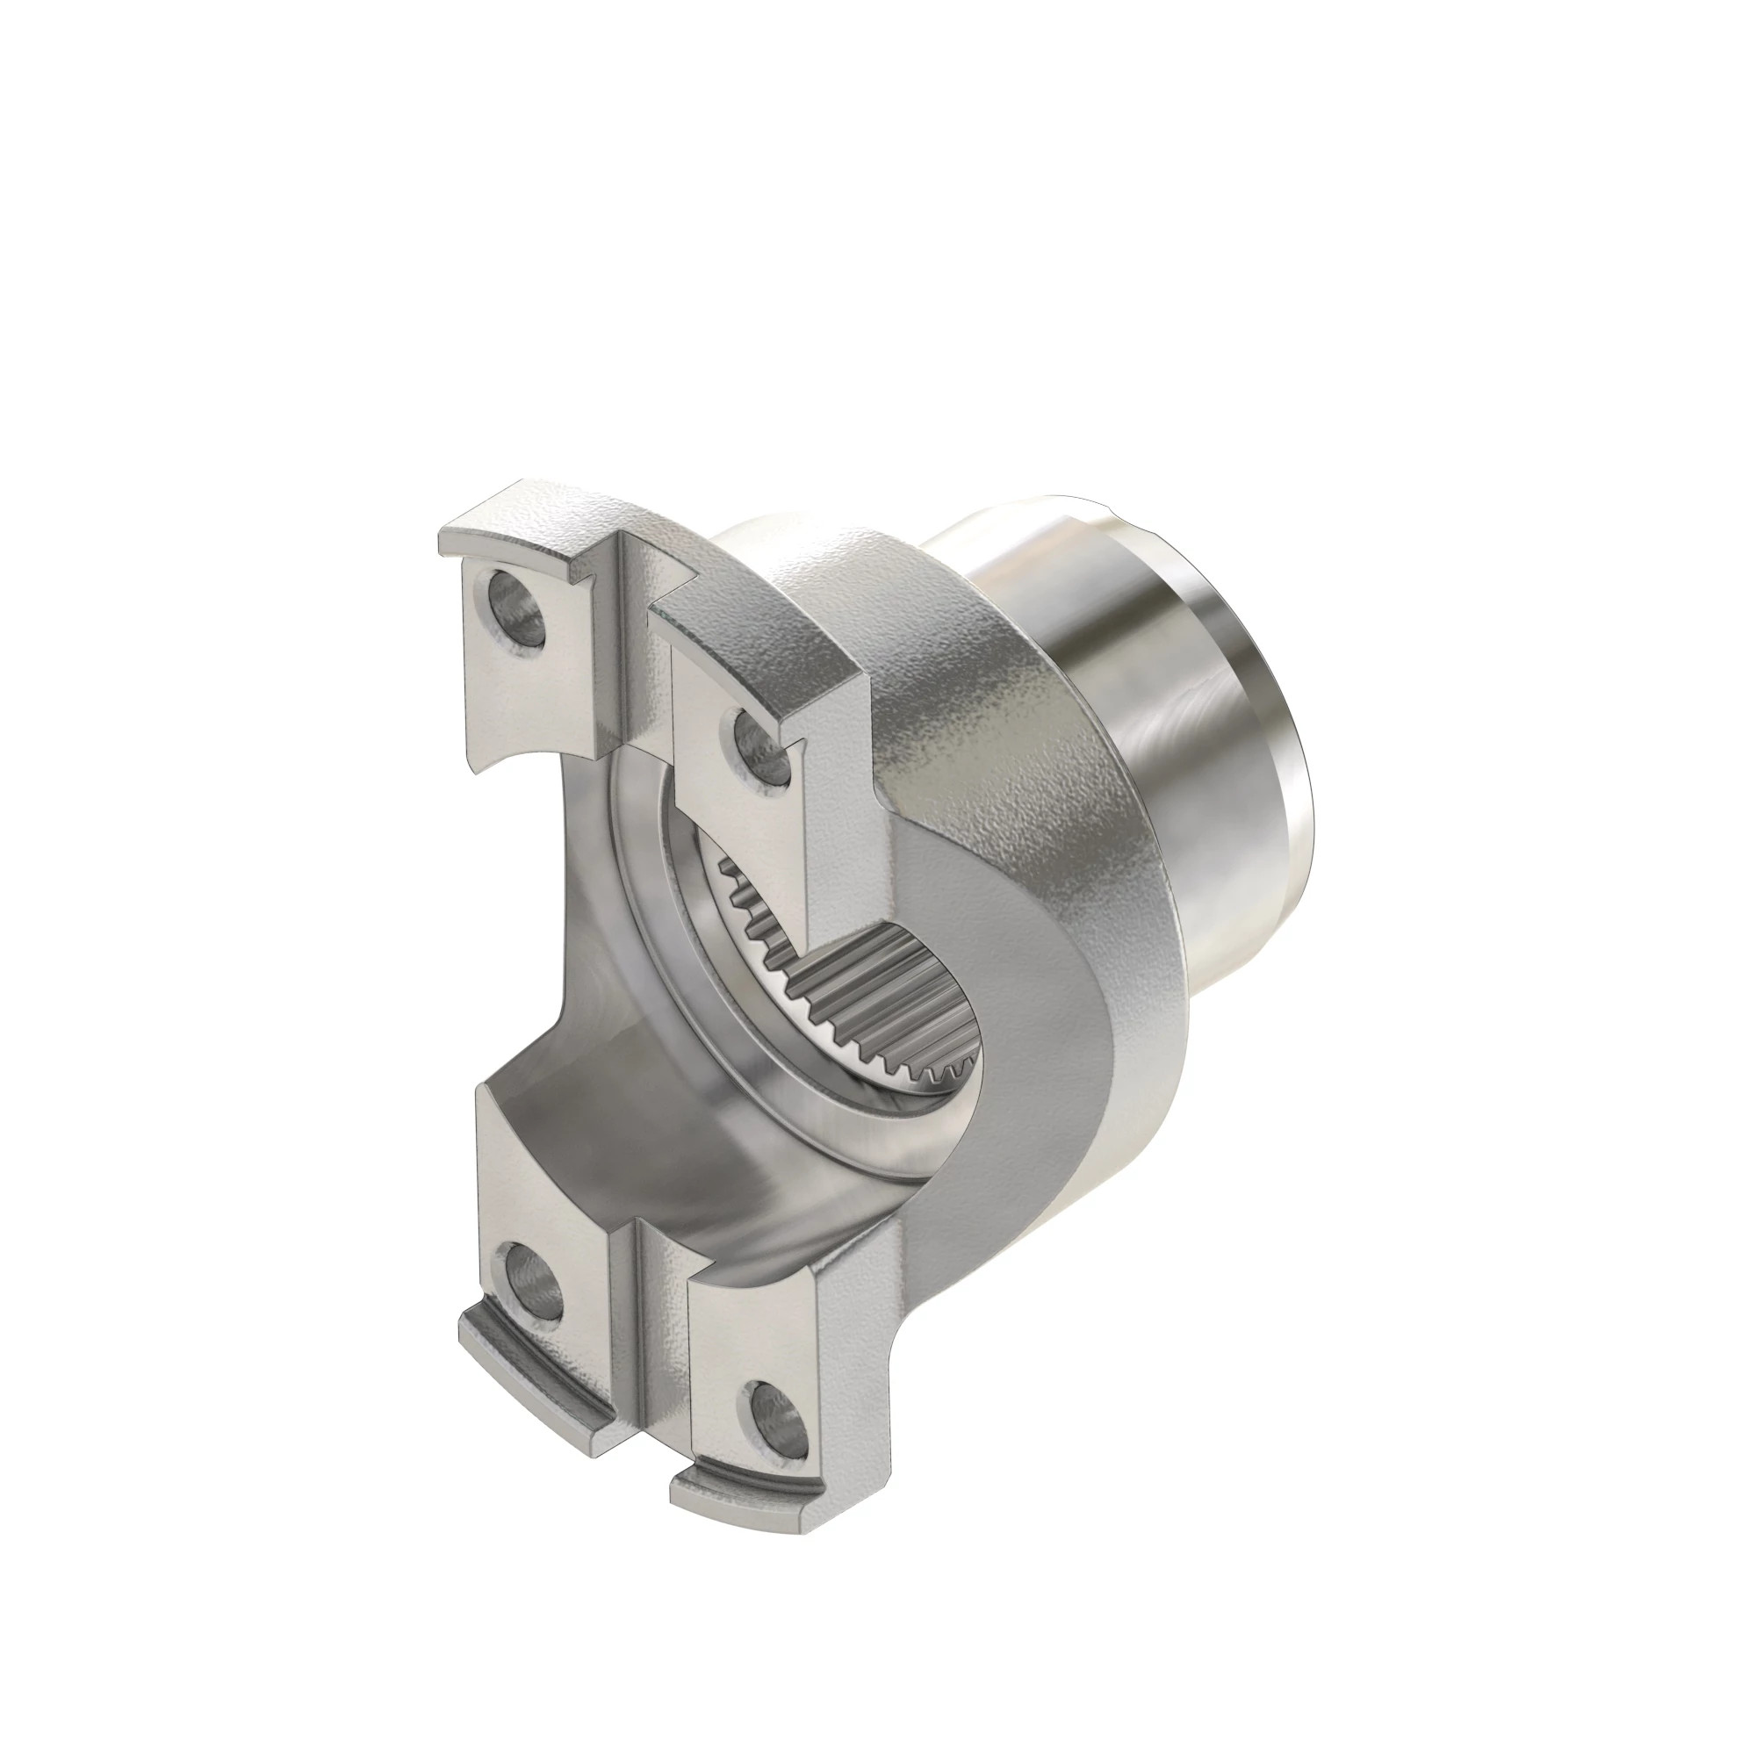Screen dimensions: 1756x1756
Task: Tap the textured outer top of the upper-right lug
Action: pos(773,637)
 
